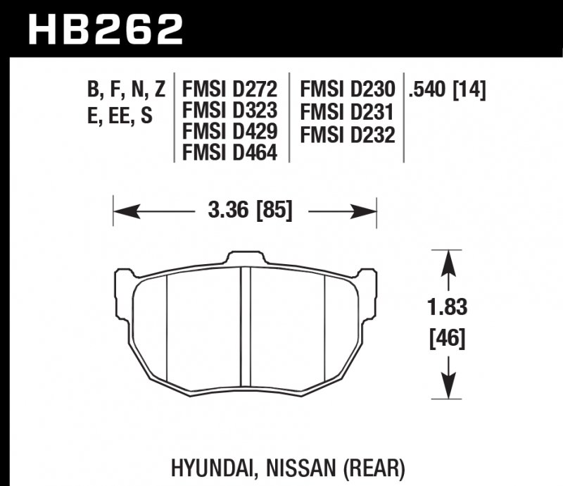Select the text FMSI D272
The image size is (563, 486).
point(230,90)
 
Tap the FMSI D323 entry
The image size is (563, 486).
point(230,111)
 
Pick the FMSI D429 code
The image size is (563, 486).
point(230,131)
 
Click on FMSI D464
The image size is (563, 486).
point(230,151)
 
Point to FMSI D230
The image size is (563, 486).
point(347,90)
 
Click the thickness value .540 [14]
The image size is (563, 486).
point(447,90)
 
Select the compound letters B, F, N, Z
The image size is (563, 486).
point(126,90)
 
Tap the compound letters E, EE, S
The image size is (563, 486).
point(119,116)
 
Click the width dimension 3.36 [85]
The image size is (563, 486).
point(246,210)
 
